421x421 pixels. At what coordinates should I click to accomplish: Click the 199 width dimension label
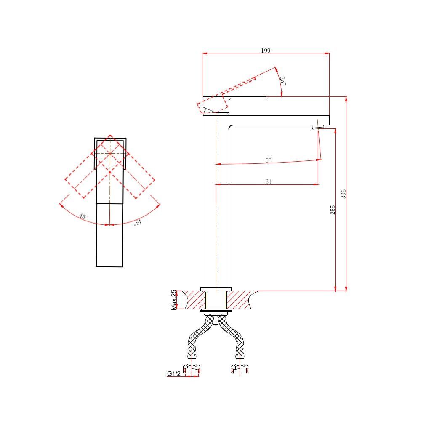[x=266, y=51]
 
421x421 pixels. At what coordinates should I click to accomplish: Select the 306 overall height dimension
[x=344, y=194]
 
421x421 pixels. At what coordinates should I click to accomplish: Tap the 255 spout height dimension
[x=333, y=210]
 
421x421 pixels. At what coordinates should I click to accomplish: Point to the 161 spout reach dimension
[x=266, y=182]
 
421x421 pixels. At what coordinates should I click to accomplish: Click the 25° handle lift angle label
[x=283, y=81]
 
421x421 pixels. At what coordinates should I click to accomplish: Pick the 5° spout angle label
[x=268, y=160]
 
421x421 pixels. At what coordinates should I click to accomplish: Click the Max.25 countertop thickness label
[x=174, y=300]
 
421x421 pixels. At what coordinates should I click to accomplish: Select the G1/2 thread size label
[x=174, y=373]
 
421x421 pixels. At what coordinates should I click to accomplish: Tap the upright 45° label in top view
[x=83, y=216]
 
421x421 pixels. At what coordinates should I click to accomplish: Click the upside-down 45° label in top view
[x=138, y=222]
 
